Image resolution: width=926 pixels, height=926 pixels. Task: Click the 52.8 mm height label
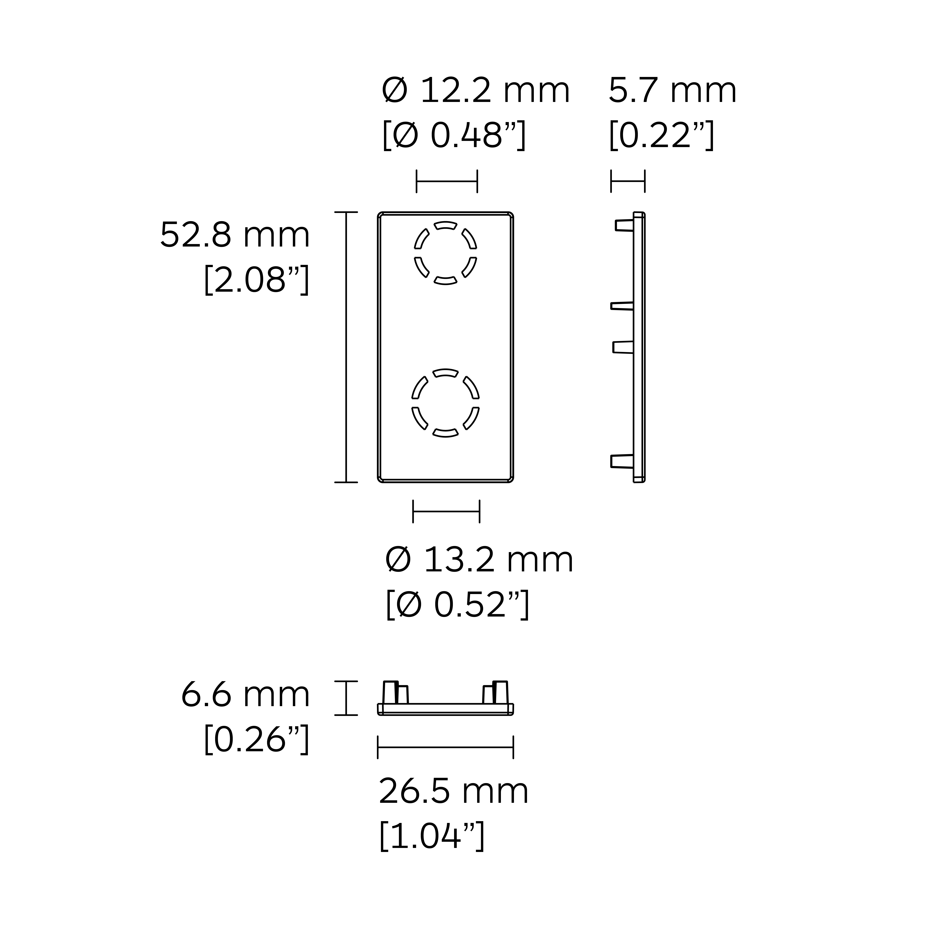pyautogui.click(x=235, y=235)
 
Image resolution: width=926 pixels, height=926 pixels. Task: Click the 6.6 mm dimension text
pyautogui.click(x=245, y=695)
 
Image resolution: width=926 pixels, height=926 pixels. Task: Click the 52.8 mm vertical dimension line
pyautogui.click(x=346, y=347)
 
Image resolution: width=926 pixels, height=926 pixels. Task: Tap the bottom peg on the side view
pyautogui.click(x=622, y=461)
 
